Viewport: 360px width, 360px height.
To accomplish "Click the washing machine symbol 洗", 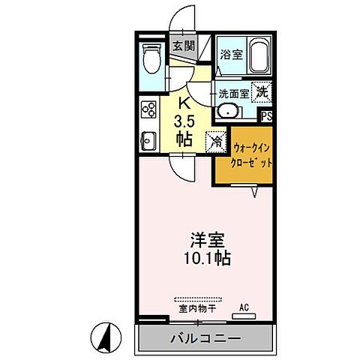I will tap(262, 91).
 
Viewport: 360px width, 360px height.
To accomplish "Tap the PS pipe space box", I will tap(265, 116).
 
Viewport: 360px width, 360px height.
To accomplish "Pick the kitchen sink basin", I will tap(147, 139).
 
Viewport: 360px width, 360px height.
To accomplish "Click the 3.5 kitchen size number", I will tap(183, 121).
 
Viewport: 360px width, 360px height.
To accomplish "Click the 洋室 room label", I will tap(204, 241).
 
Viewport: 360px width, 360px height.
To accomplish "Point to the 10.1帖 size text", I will tap(204, 259).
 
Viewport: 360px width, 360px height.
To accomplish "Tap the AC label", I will tap(243, 307).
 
